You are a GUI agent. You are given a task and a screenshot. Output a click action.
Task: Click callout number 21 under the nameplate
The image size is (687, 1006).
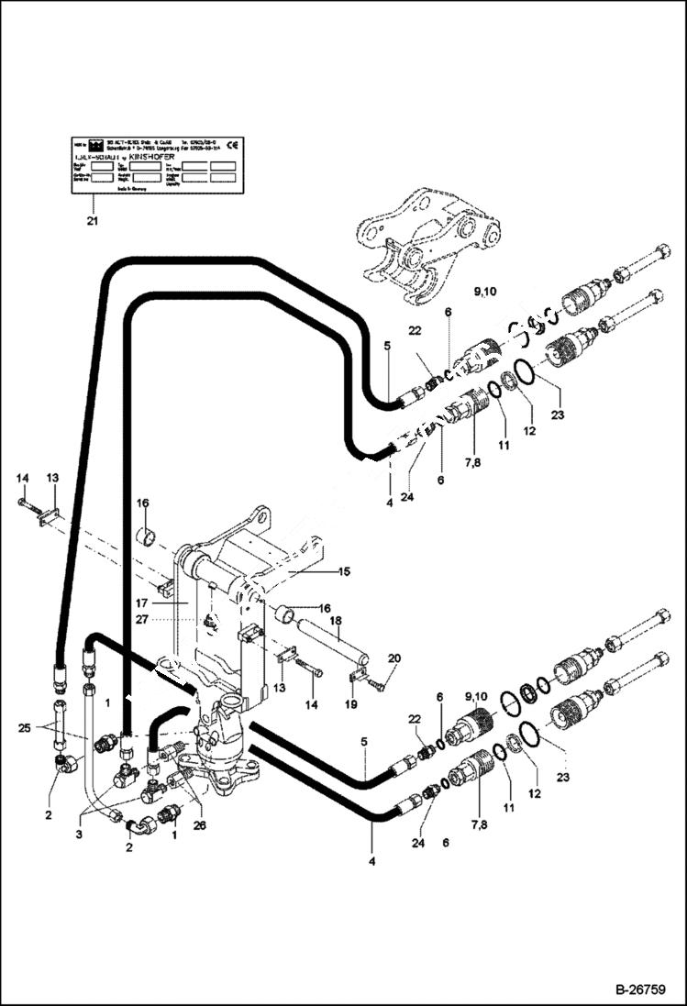(91, 221)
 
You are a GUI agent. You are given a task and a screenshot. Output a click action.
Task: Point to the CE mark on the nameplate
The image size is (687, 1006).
(232, 144)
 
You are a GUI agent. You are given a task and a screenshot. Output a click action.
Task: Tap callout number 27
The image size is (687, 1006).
(167, 620)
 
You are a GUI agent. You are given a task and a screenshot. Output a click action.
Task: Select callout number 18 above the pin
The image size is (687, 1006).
(336, 621)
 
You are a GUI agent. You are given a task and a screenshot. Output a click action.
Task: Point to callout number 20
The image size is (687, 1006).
(394, 658)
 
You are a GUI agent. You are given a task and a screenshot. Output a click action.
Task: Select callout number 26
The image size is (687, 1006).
(199, 824)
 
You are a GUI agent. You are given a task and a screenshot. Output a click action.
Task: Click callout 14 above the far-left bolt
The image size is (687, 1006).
(23, 478)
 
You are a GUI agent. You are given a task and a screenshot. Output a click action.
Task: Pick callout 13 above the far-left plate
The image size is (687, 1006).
(52, 478)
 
